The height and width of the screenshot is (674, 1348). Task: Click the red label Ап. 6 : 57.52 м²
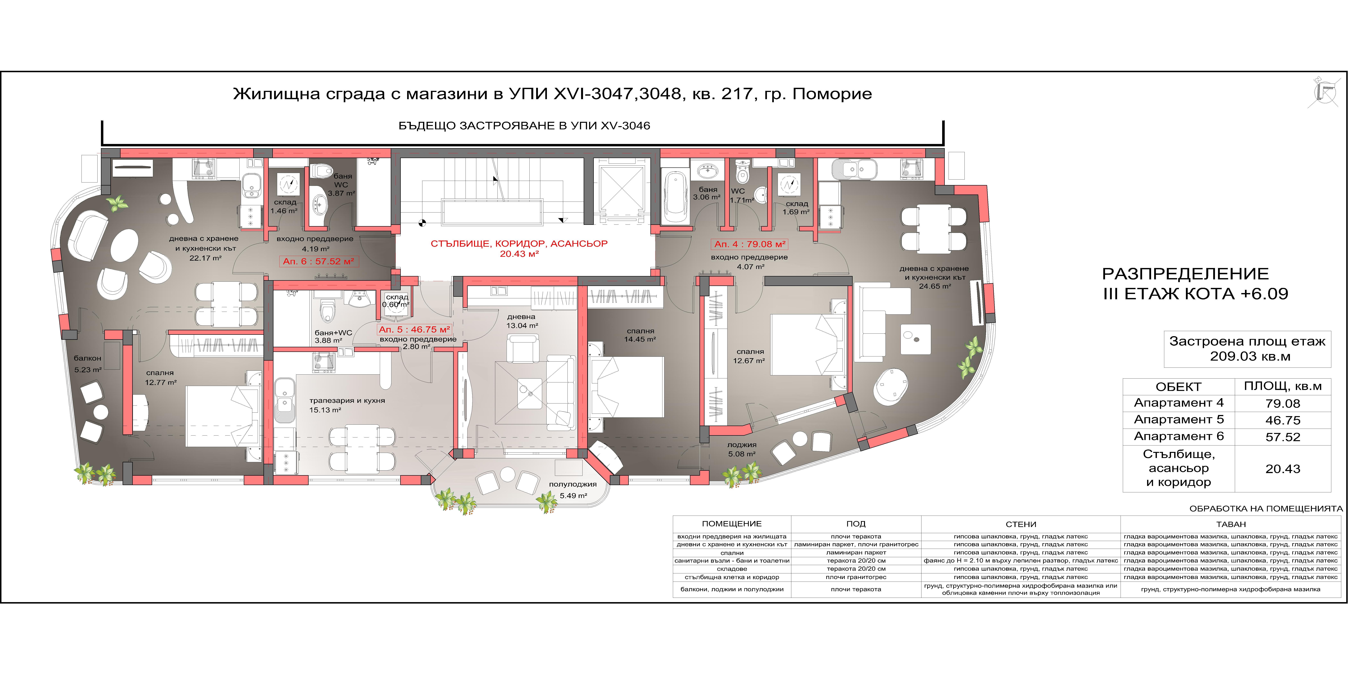click(319, 261)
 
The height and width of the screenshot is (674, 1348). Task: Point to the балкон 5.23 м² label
click(88, 364)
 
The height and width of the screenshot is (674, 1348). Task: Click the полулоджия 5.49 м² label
click(573, 490)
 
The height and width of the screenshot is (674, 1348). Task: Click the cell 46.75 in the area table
click(1283, 420)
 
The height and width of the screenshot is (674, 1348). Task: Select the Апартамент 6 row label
click(1178, 436)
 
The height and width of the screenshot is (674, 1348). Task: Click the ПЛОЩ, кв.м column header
click(1283, 387)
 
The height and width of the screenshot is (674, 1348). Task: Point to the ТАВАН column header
click(1231, 524)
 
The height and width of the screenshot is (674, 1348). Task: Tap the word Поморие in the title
click(832, 94)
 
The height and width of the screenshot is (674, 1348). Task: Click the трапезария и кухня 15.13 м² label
click(347, 405)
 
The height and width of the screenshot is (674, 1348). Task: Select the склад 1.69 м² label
click(796, 208)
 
